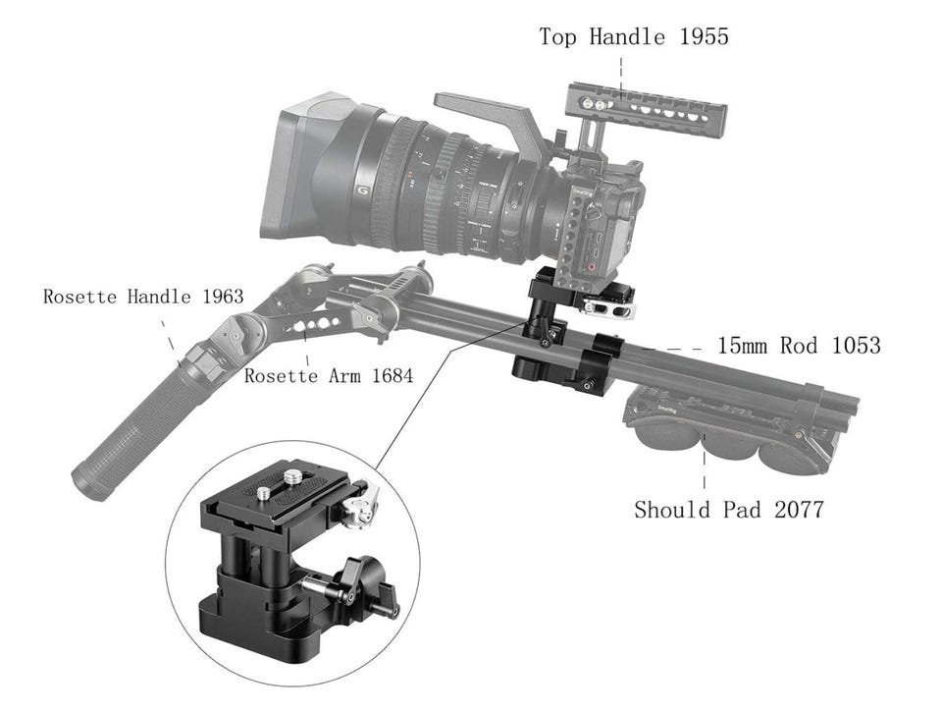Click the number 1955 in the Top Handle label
[705, 36]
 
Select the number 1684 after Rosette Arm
[392, 376]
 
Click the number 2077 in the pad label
[799, 510]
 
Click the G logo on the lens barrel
[362, 192]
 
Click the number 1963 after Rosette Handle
[223, 297]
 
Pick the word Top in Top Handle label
[558, 36]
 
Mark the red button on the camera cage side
[593, 266]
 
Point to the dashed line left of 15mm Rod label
[671, 349]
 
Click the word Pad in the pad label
[742, 510]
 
